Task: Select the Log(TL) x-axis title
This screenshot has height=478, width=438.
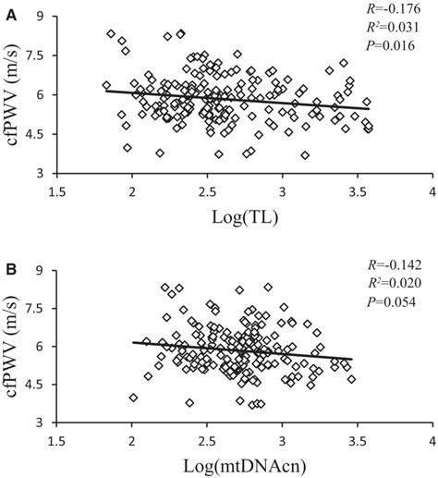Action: pyautogui.click(x=243, y=219)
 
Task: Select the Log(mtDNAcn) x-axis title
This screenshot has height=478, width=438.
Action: pyautogui.click(x=243, y=468)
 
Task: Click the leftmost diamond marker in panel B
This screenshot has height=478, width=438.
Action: pyautogui.click(x=134, y=398)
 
